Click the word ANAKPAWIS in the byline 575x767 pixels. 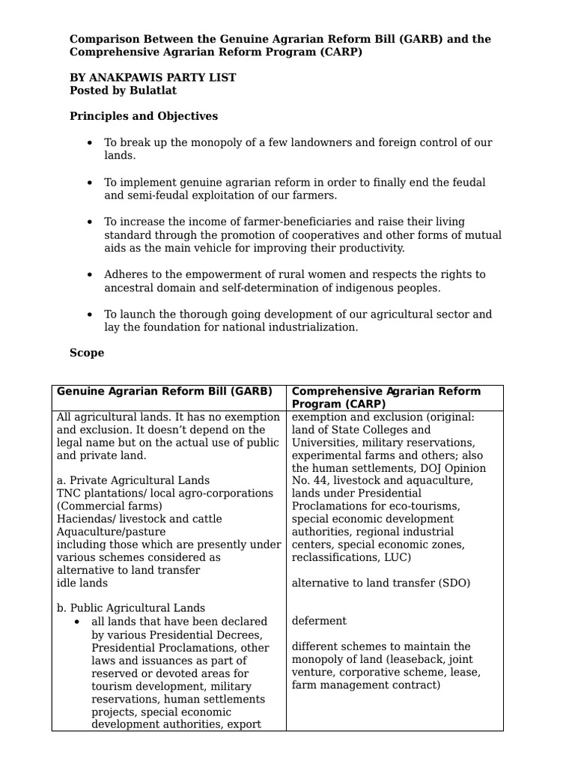click(x=127, y=77)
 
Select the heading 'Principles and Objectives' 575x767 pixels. click(x=144, y=116)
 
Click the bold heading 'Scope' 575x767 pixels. click(x=87, y=353)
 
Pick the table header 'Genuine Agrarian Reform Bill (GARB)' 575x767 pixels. click(x=165, y=391)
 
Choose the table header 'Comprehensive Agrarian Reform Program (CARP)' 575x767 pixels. click(x=386, y=398)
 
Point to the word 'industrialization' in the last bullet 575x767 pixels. click(x=313, y=327)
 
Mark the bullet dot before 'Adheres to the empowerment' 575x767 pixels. click(x=90, y=275)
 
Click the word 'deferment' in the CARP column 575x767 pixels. click(x=319, y=621)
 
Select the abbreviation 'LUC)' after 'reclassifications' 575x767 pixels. click(x=398, y=557)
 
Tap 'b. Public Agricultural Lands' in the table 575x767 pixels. click(x=131, y=608)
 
